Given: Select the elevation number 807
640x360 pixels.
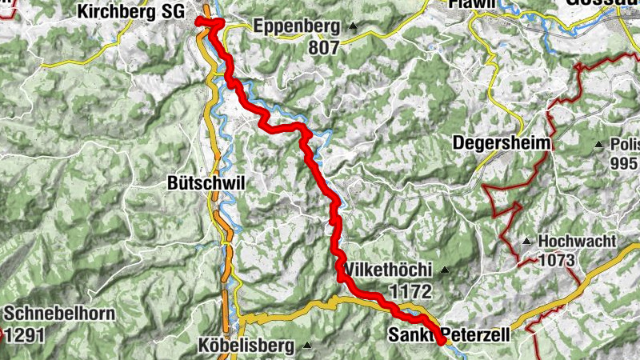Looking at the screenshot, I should click(322, 47).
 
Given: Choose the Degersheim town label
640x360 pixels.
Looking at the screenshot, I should click(502, 143).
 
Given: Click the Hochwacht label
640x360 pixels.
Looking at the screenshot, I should click(577, 241).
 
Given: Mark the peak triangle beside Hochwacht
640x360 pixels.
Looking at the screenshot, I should click(526, 241).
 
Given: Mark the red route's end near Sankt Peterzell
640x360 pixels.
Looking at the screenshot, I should click(441, 342).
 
